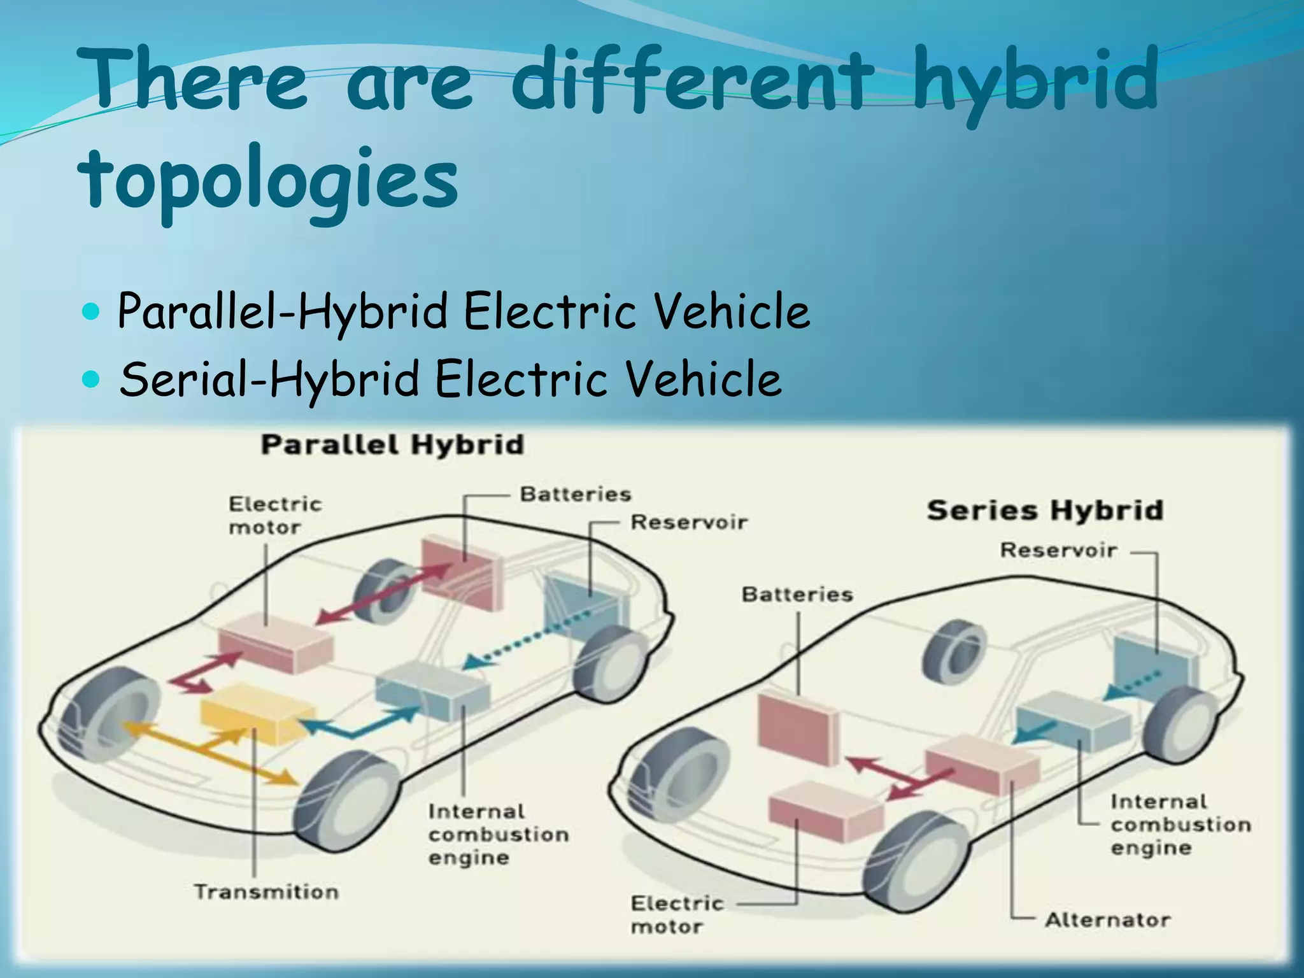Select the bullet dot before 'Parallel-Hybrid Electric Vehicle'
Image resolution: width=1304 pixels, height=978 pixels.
[92, 312]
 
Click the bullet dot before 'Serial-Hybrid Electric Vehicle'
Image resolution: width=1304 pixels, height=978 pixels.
[92, 380]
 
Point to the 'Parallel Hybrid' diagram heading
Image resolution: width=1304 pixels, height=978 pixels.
[392, 444]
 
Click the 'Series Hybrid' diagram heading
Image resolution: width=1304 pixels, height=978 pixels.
[1045, 510]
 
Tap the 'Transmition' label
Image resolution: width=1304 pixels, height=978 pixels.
[266, 892]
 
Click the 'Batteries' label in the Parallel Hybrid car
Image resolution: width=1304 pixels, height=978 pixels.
[576, 494]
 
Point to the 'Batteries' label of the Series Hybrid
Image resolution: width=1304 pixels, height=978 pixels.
[797, 595]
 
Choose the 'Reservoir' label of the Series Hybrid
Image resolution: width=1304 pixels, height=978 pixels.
[1058, 550]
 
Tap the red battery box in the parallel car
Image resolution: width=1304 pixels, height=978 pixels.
[462, 570]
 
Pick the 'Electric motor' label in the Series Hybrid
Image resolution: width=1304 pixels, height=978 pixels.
[676, 914]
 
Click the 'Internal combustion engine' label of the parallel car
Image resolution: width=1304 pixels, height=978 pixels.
[498, 834]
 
